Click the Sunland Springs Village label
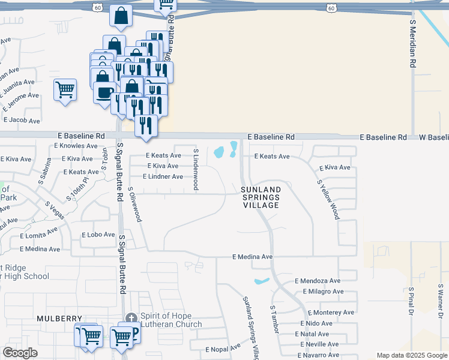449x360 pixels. click(261, 197)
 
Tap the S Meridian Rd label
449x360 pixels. click(413, 43)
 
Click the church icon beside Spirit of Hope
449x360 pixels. click(131, 317)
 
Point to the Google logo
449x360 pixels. click(20, 353)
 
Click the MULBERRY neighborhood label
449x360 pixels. click(58, 318)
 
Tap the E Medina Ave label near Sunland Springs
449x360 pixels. click(253, 257)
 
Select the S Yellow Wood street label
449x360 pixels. click(328, 198)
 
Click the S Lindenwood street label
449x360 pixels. click(196, 169)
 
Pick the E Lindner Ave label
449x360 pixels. click(163, 176)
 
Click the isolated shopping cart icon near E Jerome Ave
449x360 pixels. click(65, 90)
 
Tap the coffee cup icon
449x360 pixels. click(104, 94)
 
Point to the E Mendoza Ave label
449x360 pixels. click(318, 281)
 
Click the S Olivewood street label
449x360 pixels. click(134, 204)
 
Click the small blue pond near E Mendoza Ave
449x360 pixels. click(262, 281)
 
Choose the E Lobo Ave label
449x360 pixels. click(98, 235)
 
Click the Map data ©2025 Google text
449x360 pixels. click(411, 355)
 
